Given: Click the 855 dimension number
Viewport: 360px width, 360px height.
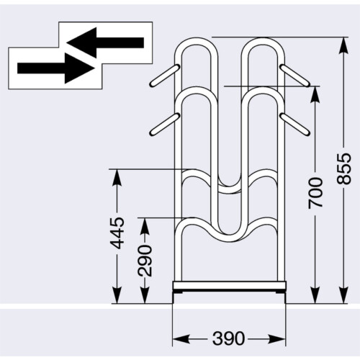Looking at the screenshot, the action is tap(343, 169).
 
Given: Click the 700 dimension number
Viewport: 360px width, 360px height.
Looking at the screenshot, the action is tap(315, 193).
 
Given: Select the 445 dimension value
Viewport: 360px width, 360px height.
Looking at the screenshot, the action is tap(117, 233).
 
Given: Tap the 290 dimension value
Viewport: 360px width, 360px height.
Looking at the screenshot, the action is tap(145, 261).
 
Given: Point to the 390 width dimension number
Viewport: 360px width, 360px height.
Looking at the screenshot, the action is tap(228, 338).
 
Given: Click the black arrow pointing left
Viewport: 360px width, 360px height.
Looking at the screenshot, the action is tap(105, 42).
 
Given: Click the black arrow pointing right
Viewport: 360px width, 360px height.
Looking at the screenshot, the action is tap(56, 68).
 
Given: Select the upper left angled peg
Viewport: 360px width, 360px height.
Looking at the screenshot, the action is tap(165, 76).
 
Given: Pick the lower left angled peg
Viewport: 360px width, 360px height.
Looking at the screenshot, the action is tap(165, 124).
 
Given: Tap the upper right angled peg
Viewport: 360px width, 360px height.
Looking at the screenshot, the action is tap(295, 76).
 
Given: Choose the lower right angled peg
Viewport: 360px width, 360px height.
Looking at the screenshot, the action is tap(295, 124).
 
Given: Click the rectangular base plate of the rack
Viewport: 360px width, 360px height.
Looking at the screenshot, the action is tap(229, 286).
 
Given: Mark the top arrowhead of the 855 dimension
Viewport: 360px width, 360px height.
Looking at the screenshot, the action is tap(343, 45).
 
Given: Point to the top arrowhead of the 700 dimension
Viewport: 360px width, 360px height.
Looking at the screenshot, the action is tap(315, 94).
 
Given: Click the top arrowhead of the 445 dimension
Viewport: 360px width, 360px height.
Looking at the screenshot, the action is tap(117, 177).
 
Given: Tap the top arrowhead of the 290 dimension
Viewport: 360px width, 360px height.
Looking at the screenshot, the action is tap(145, 226).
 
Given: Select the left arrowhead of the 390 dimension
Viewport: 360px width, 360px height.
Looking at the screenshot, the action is tap(181, 339).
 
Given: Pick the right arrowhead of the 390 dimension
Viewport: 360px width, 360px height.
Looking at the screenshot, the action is tap(277, 339).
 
